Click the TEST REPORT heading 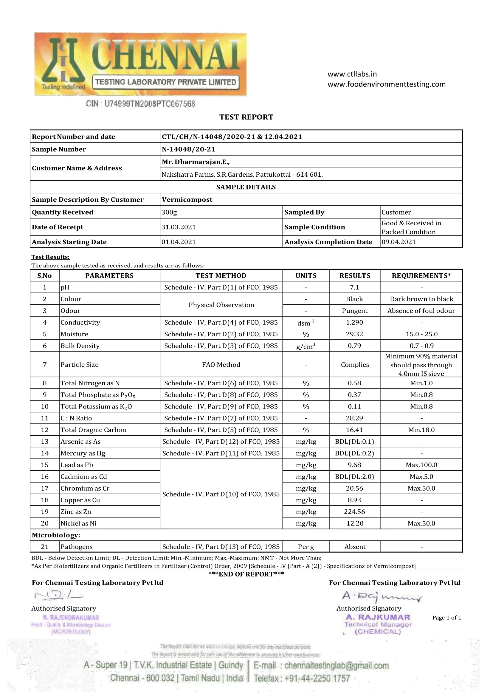pyautogui.click(x=246, y=117)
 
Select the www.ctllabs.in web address pyautogui.click(x=352, y=74)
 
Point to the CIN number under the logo pyautogui.click(x=141, y=104)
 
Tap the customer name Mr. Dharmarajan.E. pyautogui.click(x=196, y=162)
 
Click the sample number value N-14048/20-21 pyautogui.click(x=188, y=149)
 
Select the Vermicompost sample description pyautogui.click(x=187, y=200)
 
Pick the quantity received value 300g pyautogui.click(x=169, y=212)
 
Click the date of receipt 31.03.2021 pyautogui.click(x=179, y=227)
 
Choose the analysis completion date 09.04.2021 pyautogui.click(x=399, y=242)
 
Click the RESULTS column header pyautogui.click(x=355, y=276)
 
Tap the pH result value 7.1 pyautogui.click(x=354, y=287)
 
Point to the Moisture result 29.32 pyautogui.click(x=354, y=334)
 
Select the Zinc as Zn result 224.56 pyautogui.click(x=354, y=512)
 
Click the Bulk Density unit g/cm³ pyautogui.click(x=306, y=346)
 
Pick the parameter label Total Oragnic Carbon pyautogui.click(x=93, y=430)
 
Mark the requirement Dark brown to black pyautogui.click(x=421, y=299)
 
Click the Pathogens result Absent pyautogui.click(x=355, y=547)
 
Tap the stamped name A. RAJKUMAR pyautogui.click(x=378, y=617)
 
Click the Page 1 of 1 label pyautogui.click(x=447, y=617)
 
